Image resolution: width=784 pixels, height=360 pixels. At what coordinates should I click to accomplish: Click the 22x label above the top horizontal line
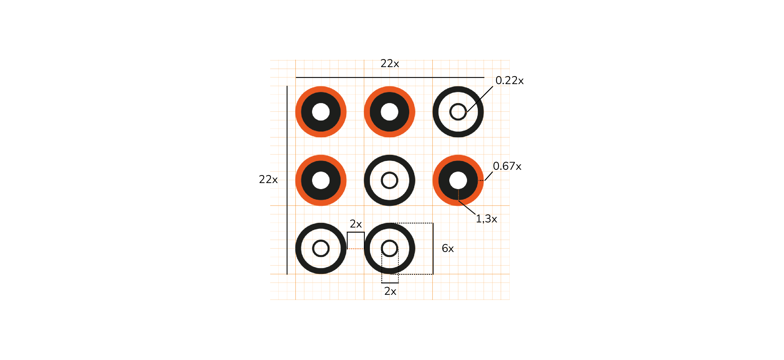pyautogui.click(x=390, y=63)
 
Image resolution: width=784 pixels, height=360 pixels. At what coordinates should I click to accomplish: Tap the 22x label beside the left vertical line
pyautogui.click(x=268, y=179)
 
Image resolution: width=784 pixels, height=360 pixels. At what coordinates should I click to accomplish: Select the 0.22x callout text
pyautogui.click(x=509, y=80)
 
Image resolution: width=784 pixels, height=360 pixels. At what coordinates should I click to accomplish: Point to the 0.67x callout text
pyautogui.click(x=507, y=166)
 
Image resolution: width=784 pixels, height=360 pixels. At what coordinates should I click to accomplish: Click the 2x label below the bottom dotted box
pyautogui.click(x=390, y=291)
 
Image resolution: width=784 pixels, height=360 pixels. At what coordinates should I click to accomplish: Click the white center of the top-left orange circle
pyautogui.click(x=321, y=112)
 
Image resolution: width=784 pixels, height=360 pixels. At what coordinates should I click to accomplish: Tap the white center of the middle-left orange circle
pyautogui.click(x=321, y=180)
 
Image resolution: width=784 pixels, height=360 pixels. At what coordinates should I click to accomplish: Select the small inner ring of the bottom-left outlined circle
pyautogui.click(x=321, y=248)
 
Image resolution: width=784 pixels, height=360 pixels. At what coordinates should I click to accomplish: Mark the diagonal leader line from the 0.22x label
pyautogui.click(x=480, y=99)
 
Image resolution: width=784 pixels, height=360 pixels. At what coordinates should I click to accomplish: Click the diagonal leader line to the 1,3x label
pyautogui.click(x=467, y=207)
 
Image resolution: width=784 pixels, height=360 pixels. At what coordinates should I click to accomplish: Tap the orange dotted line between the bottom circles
pyautogui.click(x=355, y=249)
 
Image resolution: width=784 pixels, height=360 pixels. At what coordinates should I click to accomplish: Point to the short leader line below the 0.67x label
pyautogui.click(x=488, y=176)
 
